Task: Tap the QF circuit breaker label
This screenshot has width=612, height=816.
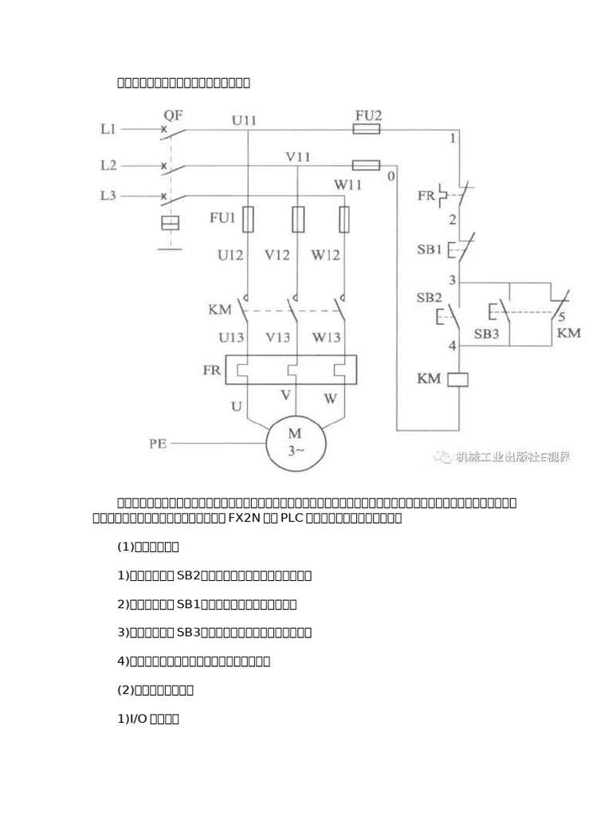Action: point(173,115)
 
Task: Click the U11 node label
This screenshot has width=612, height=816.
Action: point(245,120)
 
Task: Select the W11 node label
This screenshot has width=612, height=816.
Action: point(348,184)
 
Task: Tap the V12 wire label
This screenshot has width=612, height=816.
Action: point(277,256)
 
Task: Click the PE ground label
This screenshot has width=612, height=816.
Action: point(158,444)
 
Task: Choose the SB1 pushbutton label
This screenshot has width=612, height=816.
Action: point(429,249)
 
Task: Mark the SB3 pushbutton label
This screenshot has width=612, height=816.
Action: point(487,334)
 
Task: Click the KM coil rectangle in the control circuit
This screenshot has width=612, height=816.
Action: point(460,380)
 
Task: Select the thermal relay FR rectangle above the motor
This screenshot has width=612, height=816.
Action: point(291,370)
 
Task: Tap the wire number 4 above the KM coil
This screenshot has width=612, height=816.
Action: point(452,346)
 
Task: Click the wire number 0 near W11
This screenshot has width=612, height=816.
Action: point(390,176)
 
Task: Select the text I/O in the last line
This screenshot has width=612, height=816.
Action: point(138,719)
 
